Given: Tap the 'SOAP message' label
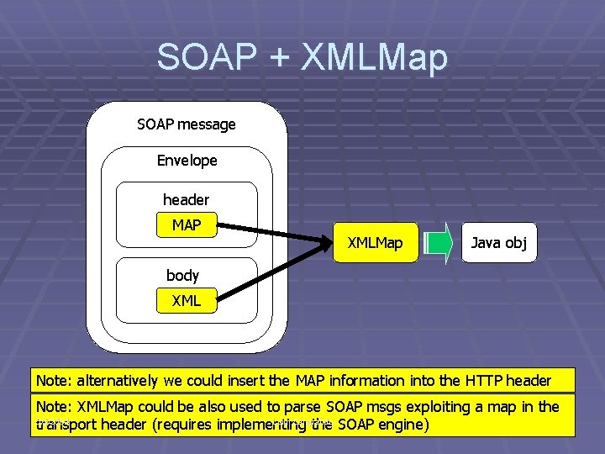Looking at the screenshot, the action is (x=187, y=124).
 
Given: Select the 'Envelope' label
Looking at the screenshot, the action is (x=187, y=160).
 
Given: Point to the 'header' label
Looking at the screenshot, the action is (x=186, y=199).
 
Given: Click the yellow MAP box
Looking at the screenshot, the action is (x=187, y=225).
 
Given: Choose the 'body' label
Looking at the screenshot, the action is (x=182, y=275).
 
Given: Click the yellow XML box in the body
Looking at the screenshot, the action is (x=187, y=300).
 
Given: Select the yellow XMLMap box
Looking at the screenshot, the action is (x=375, y=243).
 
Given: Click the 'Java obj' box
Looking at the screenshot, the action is (x=499, y=243).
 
